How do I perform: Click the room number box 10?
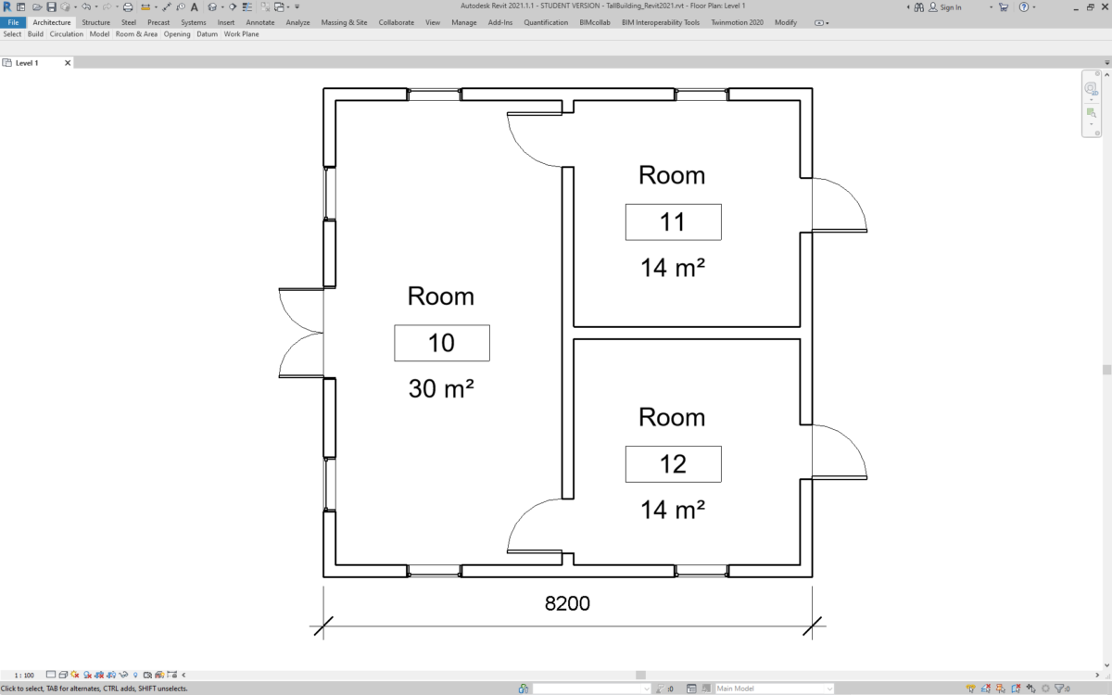[441, 343]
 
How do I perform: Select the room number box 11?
[673, 222]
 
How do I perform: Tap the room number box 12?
[673, 463]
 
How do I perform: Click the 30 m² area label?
[441, 389]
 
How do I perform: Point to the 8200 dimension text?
[567, 603]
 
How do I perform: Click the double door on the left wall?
[301, 333]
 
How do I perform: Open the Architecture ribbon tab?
[52, 22]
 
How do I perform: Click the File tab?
[13, 22]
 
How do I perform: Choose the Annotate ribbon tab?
[259, 22]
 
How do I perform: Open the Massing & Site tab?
[345, 22]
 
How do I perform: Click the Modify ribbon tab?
[785, 22]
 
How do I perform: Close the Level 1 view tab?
[68, 63]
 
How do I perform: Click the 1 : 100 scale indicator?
[24, 675]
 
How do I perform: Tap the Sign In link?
[950, 7]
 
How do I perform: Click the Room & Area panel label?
[136, 34]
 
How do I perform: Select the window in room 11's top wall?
[701, 95]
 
